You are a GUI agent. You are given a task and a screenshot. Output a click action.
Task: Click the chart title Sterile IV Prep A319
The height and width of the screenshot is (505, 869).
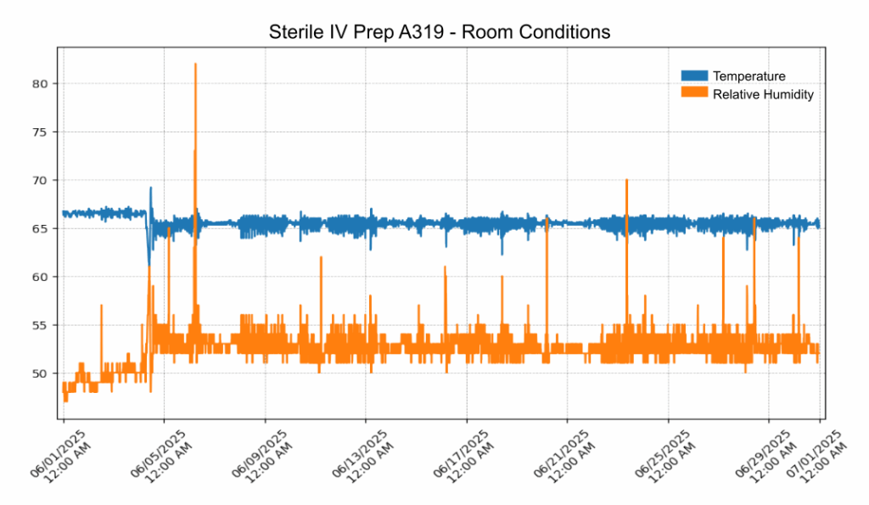[439, 33]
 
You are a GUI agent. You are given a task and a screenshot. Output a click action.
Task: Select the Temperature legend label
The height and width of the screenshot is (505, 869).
[748, 76]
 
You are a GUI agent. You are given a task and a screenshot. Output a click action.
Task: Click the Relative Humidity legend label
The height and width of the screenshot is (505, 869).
[763, 94]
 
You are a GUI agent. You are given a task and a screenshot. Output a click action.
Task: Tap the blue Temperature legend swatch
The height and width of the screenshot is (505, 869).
[694, 76]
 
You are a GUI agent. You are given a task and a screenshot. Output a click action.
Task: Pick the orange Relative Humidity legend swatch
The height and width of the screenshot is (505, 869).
[694, 94]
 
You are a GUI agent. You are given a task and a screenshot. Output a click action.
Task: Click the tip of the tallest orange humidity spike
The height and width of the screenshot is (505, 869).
[195, 64]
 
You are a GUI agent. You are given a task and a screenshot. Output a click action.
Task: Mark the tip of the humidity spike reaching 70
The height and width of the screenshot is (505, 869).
[626, 180]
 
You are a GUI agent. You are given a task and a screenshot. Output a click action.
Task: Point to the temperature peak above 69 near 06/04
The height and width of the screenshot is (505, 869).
[151, 188]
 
